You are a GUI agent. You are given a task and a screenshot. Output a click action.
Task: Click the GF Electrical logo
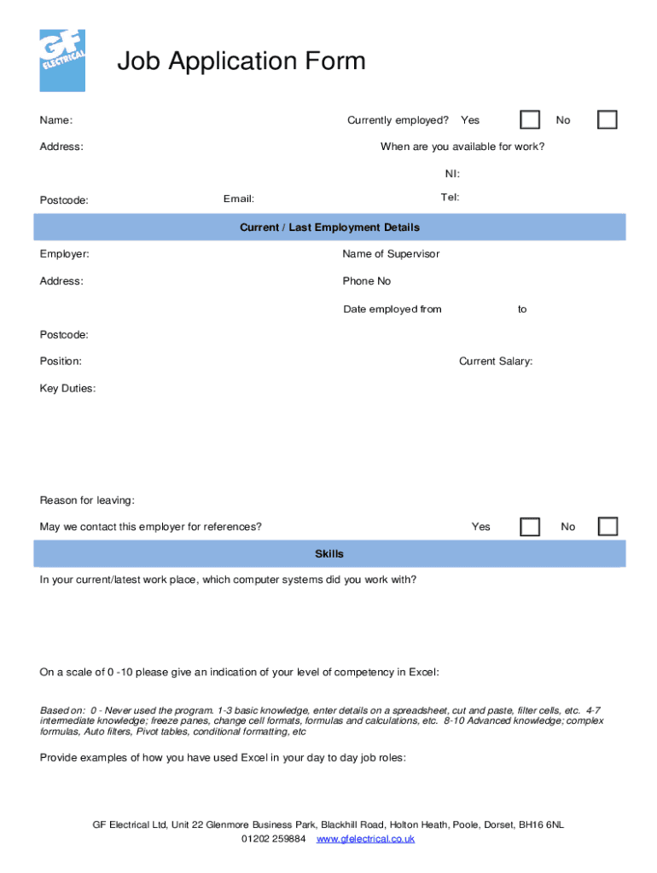point(62,61)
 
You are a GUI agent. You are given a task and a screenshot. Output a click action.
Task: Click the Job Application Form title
point(241,61)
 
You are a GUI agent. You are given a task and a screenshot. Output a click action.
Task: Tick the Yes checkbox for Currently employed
point(530,119)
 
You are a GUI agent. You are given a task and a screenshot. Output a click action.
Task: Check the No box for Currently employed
point(608,119)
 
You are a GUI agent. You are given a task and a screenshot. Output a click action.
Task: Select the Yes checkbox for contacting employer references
point(530,526)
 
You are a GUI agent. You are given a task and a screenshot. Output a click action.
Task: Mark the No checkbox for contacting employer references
point(608,526)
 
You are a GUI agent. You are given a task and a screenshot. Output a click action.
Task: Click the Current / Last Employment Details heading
point(329,228)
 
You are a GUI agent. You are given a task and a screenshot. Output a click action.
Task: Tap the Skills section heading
point(329,554)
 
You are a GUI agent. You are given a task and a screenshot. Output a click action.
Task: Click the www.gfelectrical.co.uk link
point(365,839)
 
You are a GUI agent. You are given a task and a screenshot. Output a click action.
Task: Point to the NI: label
point(452,174)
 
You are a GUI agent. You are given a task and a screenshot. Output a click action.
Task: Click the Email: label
point(239,199)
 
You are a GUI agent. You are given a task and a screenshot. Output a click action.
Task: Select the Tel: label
point(450,198)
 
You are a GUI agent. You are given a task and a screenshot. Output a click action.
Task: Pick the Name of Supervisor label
point(391,254)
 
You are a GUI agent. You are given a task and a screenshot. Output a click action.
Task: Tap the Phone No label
point(367,281)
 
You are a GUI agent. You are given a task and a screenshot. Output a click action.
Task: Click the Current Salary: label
point(496,361)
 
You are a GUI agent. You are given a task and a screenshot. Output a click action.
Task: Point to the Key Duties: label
point(67,389)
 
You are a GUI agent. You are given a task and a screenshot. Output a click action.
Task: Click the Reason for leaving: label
point(87,500)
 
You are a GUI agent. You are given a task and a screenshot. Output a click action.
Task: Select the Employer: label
point(64,254)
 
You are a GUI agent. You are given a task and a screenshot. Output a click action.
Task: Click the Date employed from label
point(392,309)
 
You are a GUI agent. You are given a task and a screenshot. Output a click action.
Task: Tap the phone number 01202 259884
point(273,839)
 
